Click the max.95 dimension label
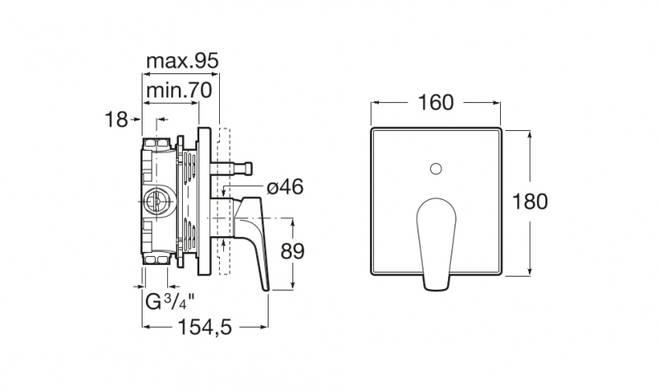click(182, 61)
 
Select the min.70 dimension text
click(179, 91)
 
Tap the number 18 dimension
click(116, 119)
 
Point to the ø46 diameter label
click(285, 187)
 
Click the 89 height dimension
click(292, 252)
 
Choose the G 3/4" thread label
click(171, 301)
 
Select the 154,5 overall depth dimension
click(205, 327)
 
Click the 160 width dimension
click(436, 102)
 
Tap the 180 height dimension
click(530, 202)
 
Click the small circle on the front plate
click(437, 170)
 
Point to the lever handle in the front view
click(437, 244)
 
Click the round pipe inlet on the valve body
click(157, 202)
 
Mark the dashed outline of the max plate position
click(223, 201)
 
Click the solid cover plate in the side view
click(205, 201)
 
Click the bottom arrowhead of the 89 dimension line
click(292, 285)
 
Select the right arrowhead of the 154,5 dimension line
click(264, 327)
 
